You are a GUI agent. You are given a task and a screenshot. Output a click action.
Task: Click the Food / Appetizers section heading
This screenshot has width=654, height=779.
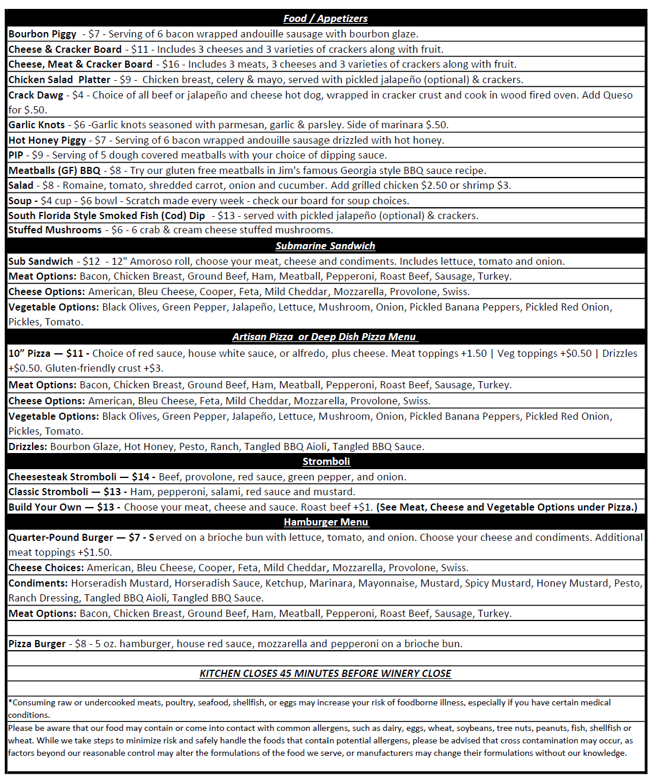pos(325,18)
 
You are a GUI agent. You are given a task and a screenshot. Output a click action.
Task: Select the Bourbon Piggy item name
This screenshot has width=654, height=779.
pos(42,34)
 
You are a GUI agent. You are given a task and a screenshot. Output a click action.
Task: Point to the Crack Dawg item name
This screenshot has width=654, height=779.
pos(36,95)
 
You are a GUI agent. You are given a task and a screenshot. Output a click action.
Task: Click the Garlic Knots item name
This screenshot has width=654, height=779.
pos(37,125)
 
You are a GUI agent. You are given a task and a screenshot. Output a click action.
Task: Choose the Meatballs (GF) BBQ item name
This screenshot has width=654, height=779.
pos(55,170)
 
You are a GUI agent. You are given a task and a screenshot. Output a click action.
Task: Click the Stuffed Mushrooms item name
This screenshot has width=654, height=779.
pos(55,230)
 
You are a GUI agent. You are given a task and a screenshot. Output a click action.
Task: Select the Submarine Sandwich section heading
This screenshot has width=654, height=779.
pos(325,246)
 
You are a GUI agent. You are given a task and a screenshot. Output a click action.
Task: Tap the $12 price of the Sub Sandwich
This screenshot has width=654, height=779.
pos(91,261)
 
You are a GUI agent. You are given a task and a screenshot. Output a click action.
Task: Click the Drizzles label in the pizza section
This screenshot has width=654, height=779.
pos(27,446)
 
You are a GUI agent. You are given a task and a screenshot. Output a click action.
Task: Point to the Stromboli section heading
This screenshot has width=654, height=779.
pos(326,461)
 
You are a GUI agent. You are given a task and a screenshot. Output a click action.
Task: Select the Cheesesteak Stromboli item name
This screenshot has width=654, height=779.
pos(62,477)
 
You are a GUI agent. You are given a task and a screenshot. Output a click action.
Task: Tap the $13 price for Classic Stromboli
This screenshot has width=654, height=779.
pos(112,492)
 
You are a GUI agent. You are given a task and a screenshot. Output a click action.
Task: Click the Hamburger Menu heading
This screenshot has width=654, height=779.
pos(326,522)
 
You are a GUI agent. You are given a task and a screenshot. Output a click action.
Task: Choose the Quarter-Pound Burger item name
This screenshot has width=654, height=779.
pos(61,537)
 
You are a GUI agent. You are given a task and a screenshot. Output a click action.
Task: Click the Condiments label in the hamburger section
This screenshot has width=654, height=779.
pos(38,583)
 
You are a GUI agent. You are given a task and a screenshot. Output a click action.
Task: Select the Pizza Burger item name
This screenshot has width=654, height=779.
pos(37,644)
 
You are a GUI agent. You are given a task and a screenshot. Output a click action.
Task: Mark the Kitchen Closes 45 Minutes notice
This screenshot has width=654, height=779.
pos(325,673)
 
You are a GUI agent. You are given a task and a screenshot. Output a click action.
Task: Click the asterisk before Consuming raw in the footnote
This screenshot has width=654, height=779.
pos(10,702)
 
